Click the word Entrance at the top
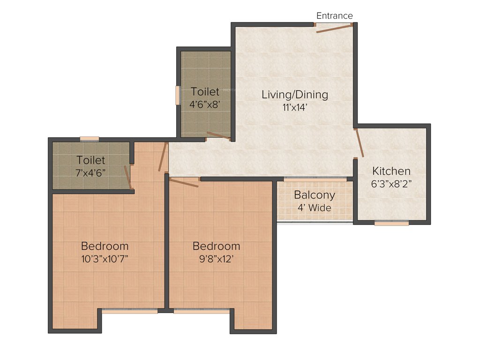(334, 15)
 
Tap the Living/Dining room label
(294, 94)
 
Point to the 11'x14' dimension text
(294, 107)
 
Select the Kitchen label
(391, 171)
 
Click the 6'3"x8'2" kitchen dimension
(391, 184)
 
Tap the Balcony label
(315, 195)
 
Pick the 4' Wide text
(315, 207)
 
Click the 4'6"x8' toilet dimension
(205, 104)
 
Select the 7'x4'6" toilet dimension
(91, 172)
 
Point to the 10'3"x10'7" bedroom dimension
(105, 258)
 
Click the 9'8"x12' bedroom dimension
(216, 258)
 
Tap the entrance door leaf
(334, 29)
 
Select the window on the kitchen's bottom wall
(391, 223)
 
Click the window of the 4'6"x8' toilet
(178, 95)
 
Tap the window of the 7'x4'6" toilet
(89, 138)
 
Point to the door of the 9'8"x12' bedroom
(184, 182)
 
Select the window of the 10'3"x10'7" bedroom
(129, 310)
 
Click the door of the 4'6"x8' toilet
(218, 136)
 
